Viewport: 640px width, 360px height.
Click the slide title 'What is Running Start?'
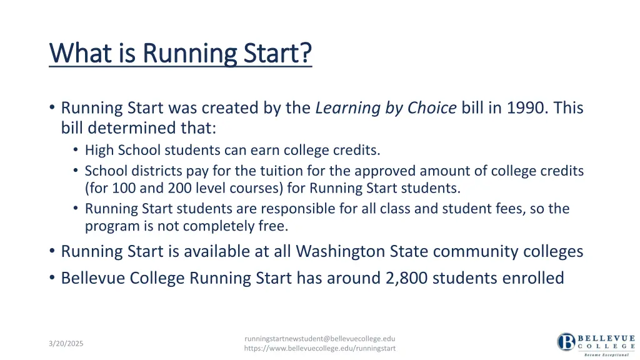point(180,53)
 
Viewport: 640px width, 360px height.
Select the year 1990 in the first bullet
point(524,108)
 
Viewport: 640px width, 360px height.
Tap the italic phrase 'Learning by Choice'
point(386,108)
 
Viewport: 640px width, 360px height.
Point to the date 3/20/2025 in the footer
point(66,344)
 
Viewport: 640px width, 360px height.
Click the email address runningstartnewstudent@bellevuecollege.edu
point(319,338)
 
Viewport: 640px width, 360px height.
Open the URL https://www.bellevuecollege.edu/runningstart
point(319,348)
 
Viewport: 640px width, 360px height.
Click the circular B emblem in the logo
point(566,342)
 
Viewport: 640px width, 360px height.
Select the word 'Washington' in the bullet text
point(334,251)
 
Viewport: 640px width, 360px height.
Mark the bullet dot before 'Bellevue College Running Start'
point(51,277)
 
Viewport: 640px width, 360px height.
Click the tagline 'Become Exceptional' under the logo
point(605,354)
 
